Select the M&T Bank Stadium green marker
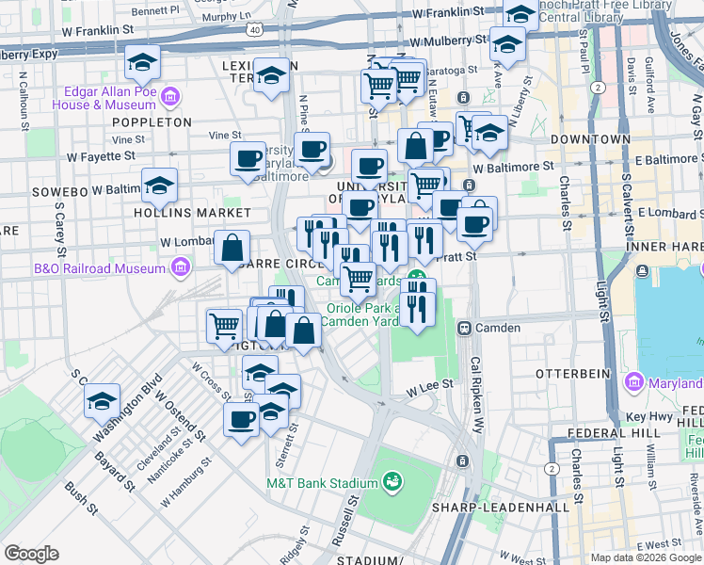coord(393,484)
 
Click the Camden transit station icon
coord(464,328)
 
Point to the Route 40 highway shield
coord(255,31)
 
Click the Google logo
coord(31,553)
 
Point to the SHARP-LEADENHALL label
coord(500,508)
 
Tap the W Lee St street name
coord(430,387)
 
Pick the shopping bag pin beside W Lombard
coord(232,250)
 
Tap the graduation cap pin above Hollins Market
coord(160,186)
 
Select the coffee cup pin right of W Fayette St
coord(248,158)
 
